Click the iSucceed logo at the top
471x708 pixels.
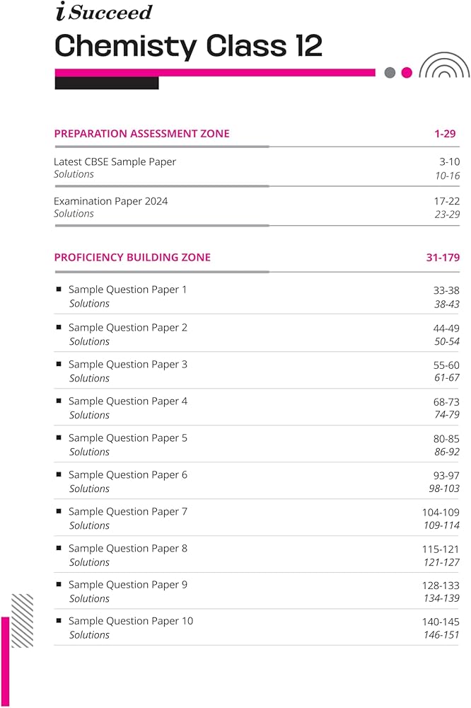(x=103, y=12)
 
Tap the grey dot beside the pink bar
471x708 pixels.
(x=390, y=72)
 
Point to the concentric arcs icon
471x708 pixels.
(x=444, y=65)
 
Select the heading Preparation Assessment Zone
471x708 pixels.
(x=141, y=133)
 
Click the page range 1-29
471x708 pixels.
(x=447, y=133)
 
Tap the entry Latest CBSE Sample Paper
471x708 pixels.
(x=115, y=161)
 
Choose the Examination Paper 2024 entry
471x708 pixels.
(x=110, y=201)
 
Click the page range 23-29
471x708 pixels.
(x=447, y=214)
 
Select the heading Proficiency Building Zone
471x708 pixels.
(x=132, y=257)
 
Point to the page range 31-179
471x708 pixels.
(x=443, y=257)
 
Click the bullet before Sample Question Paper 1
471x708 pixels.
(x=59, y=289)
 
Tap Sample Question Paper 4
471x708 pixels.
(x=128, y=401)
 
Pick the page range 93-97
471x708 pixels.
(x=446, y=474)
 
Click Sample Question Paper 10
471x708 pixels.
(x=130, y=621)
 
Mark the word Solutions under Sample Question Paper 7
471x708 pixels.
(x=89, y=525)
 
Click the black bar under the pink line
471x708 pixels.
(x=106, y=83)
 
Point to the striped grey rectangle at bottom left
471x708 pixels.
(x=23, y=620)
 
